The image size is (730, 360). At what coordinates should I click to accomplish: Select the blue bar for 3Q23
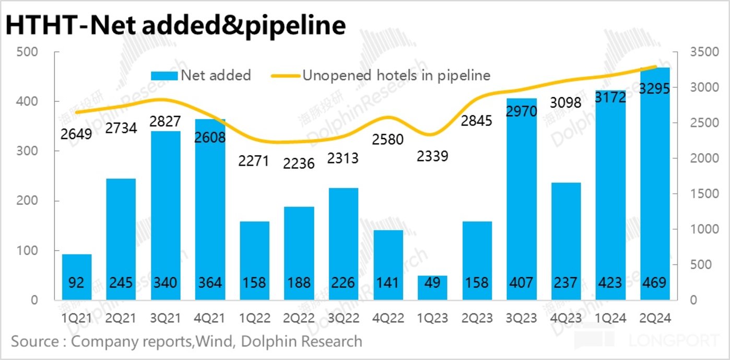(522, 199)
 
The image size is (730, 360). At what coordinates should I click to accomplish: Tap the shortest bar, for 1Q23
(433, 287)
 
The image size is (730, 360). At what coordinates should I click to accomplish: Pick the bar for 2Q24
(655, 183)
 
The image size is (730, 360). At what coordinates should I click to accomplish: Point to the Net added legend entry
(201, 75)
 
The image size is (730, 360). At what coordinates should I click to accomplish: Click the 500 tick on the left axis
(27, 52)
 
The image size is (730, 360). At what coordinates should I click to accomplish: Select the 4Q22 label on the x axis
(388, 317)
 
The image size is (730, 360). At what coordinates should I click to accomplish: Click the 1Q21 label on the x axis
(77, 317)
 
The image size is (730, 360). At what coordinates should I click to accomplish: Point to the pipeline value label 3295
(655, 89)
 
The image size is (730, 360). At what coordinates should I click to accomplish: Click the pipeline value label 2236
(299, 163)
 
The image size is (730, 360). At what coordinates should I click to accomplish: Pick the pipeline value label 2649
(77, 134)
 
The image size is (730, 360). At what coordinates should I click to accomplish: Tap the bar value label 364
(210, 283)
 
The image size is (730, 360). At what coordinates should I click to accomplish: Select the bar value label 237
(566, 283)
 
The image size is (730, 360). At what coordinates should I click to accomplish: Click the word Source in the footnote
(35, 342)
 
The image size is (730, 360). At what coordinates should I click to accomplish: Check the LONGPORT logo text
(674, 341)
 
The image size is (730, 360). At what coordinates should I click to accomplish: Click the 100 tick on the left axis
(27, 251)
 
